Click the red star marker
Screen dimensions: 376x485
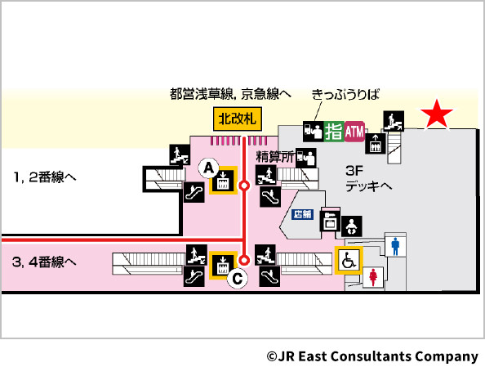[438, 115]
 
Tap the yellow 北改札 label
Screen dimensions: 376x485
[237, 119]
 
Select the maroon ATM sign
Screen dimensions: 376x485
[355, 130]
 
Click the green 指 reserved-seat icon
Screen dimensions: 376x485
[334, 130]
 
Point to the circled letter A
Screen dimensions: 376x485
[208, 168]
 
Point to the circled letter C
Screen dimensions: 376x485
[237, 279]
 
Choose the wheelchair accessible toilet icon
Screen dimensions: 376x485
[348, 261]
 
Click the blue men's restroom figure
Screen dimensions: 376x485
[396, 244]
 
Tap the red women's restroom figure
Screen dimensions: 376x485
[375, 275]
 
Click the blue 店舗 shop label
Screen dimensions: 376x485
[303, 214]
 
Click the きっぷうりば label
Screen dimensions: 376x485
[346, 96]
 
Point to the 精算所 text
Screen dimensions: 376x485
[274, 154]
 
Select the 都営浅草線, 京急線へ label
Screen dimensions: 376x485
[231, 96]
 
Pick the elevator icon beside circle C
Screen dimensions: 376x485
[221, 264]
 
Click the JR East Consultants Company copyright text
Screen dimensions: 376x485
[372, 356]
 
